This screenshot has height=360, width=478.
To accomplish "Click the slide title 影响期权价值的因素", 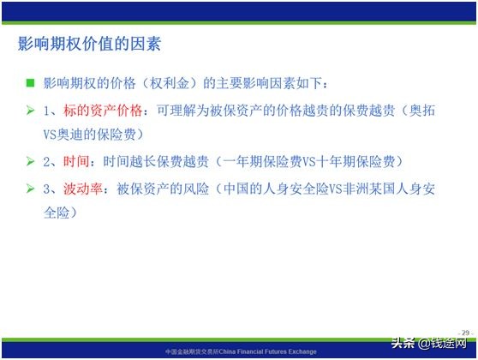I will tap(90, 43).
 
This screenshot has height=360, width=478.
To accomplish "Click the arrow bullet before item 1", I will tap(30, 111).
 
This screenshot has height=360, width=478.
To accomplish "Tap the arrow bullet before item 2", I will tap(30, 161).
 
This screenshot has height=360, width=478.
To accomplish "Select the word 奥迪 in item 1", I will tap(80, 135).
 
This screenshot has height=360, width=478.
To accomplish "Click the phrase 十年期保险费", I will tap(364, 161).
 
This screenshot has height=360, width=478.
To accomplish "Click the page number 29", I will tap(465, 332).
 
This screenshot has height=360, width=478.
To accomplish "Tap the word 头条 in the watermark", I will tap(403, 342).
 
